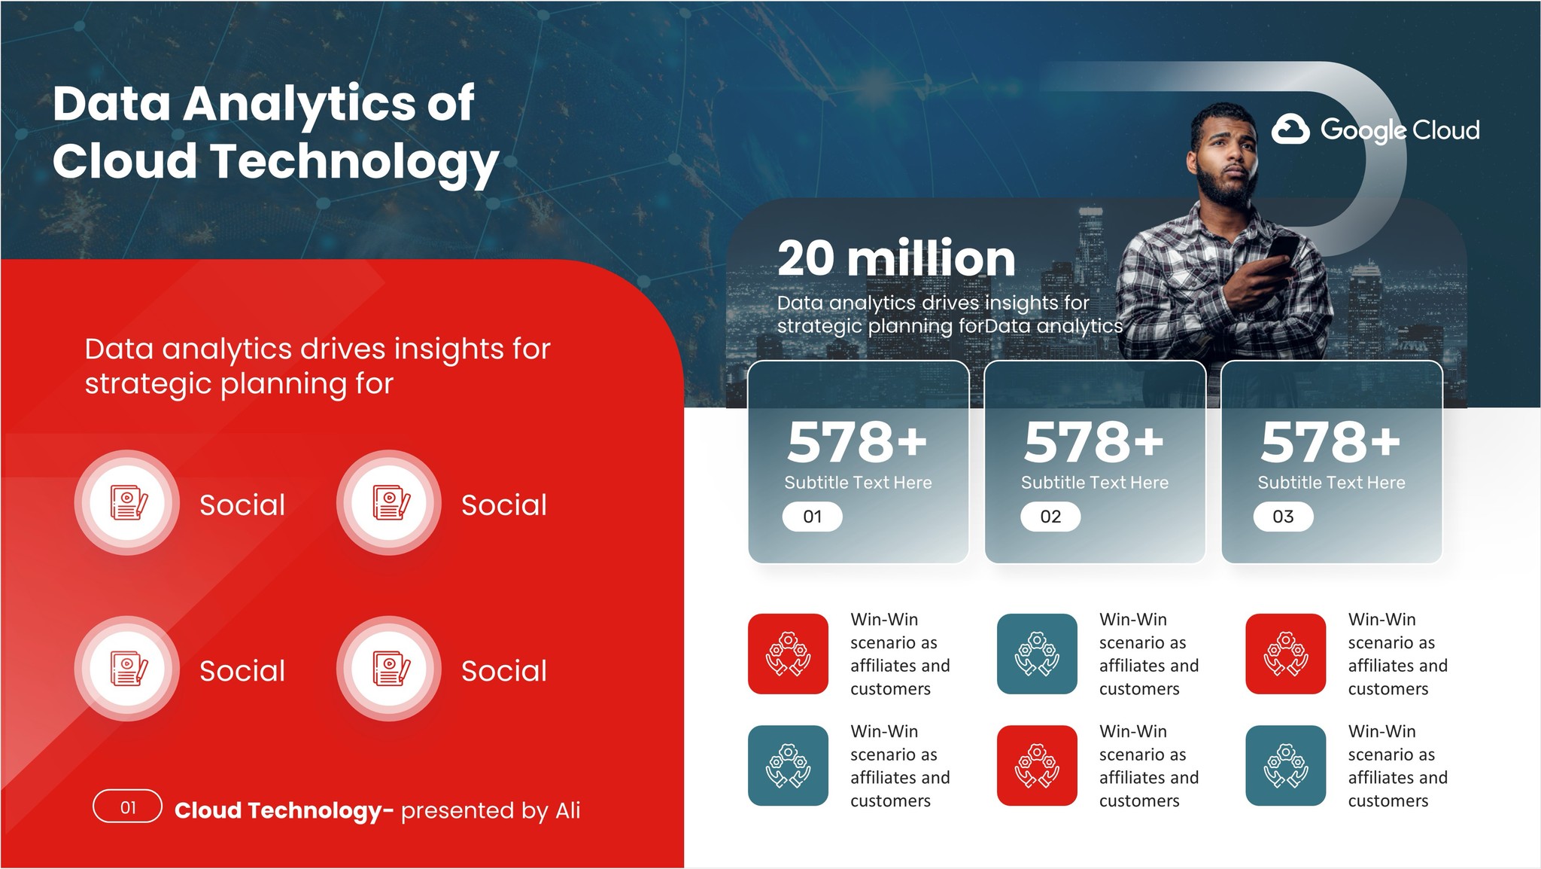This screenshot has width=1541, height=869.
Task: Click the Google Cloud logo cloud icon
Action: pos(1290,130)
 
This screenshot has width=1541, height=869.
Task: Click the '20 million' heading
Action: pos(896,258)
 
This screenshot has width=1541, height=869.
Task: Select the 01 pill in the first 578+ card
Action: pos(812,517)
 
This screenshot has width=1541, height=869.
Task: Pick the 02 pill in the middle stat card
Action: pos(1050,517)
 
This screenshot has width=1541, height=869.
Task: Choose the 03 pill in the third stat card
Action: pos(1283,517)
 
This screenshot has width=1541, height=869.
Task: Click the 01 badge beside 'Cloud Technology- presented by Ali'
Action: pos(127,807)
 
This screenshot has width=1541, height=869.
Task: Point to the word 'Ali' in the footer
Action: pos(567,810)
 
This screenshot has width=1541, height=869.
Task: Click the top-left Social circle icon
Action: pos(127,502)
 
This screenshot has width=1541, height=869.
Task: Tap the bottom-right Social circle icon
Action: pos(389,669)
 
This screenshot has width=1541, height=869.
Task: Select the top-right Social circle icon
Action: pos(389,502)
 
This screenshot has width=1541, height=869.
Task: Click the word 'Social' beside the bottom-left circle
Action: pos(242,671)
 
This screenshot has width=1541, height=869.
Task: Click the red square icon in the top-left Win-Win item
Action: pos(788,654)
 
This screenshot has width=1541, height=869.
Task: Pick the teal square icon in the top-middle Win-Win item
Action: pos(1037,654)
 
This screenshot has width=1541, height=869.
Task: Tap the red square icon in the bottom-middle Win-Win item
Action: pos(1037,765)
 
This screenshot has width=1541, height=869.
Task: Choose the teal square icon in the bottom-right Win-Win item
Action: pos(1285,765)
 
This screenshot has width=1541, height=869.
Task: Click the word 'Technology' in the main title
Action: pos(354,162)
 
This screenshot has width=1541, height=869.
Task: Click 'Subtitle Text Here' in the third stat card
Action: pos(1331,483)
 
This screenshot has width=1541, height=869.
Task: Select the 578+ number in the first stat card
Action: pos(857,442)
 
